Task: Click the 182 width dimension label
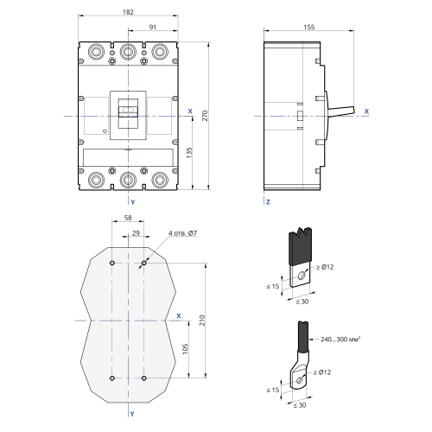pos(128,12)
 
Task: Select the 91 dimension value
pos(153,27)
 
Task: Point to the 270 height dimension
pos(205,116)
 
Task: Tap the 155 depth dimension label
pos(309,27)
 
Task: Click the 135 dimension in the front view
pos(189,153)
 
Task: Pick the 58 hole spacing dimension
pos(128,218)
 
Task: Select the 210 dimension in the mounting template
pos(202,321)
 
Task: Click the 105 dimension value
pos(186,349)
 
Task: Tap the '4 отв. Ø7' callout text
pos(183,233)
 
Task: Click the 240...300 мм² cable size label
pos(340,340)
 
